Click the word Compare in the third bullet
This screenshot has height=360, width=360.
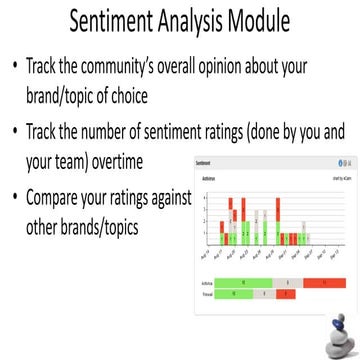(62, 198)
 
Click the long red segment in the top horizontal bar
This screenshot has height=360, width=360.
(324, 283)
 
